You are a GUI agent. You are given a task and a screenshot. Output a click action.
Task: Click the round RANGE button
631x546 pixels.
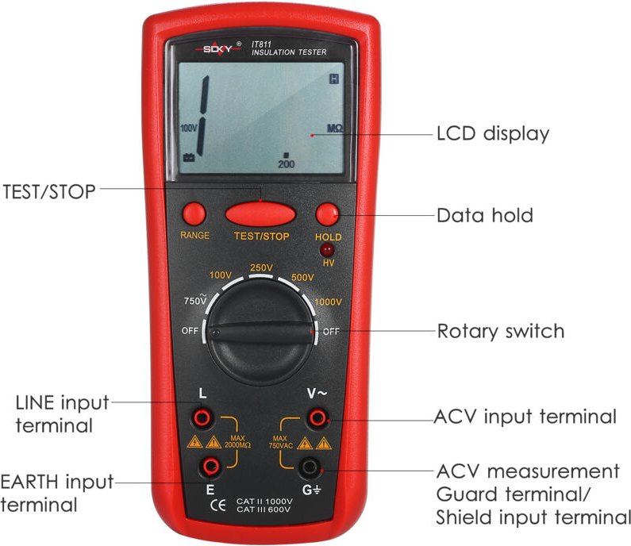point(194,213)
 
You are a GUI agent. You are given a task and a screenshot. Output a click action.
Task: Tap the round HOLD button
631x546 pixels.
point(327,214)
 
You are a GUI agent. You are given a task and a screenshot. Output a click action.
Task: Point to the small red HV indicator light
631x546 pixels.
point(326,250)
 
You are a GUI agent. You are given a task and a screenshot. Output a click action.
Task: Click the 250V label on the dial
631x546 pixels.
point(262,267)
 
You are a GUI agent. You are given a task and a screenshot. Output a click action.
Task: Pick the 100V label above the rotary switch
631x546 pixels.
point(221,275)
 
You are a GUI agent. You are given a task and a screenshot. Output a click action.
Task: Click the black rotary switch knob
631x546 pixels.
point(261,333)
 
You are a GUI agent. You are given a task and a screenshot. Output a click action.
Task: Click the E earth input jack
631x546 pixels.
point(210,466)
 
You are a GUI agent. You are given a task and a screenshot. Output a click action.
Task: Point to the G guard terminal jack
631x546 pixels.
point(312,467)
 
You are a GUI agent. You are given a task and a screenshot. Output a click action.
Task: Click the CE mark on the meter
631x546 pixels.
point(212,503)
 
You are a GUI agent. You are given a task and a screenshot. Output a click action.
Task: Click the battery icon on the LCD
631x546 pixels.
point(190,157)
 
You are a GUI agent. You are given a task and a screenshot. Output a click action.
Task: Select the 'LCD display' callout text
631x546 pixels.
point(493,133)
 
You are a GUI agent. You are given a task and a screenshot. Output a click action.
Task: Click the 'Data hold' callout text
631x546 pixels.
point(485,215)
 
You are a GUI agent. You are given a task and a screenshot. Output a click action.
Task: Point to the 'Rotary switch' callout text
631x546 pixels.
point(501,331)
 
